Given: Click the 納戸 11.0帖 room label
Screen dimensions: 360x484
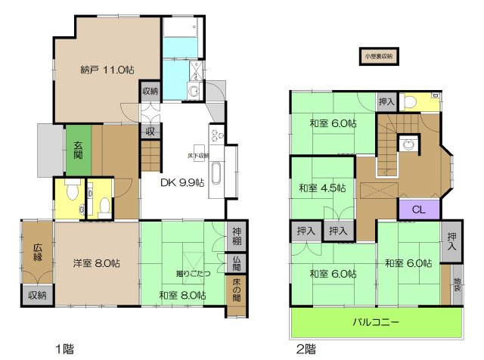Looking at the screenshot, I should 107,70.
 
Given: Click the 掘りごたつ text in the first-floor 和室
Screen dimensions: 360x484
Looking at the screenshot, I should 184,272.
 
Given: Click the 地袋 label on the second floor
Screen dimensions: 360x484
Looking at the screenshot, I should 456,287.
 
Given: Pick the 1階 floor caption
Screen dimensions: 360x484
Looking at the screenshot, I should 64,349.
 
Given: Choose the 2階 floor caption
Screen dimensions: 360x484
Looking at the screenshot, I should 305,349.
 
